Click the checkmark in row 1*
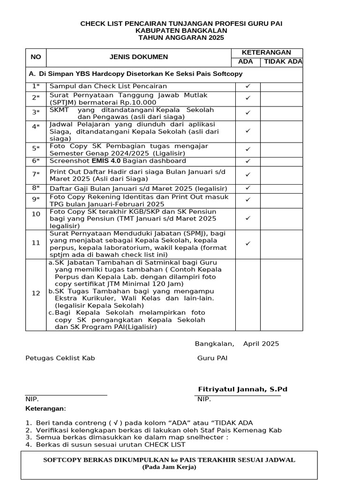[x=248, y=86]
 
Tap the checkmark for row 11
[x=248, y=243]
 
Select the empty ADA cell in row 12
[x=248, y=294]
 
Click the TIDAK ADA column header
[x=281, y=62]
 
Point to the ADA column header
[x=246, y=62]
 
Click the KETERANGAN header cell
[x=266, y=52]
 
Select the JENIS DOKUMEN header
[x=138, y=57]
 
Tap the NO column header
[x=36, y=57]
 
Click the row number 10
[x=36, y=214]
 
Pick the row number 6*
[x=36, y=161]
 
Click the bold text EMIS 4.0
[x=106, y=161]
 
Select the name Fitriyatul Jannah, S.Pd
[x=242, y=390]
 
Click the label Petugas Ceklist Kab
[x=60, y=358]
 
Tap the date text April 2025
[x=261, y=344]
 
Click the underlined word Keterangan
[x=45, y=409]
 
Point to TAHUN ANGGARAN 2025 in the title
[x=181, y=38]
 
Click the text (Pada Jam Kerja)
[x=169, y=467]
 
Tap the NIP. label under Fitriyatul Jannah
[x=204, y=399]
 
